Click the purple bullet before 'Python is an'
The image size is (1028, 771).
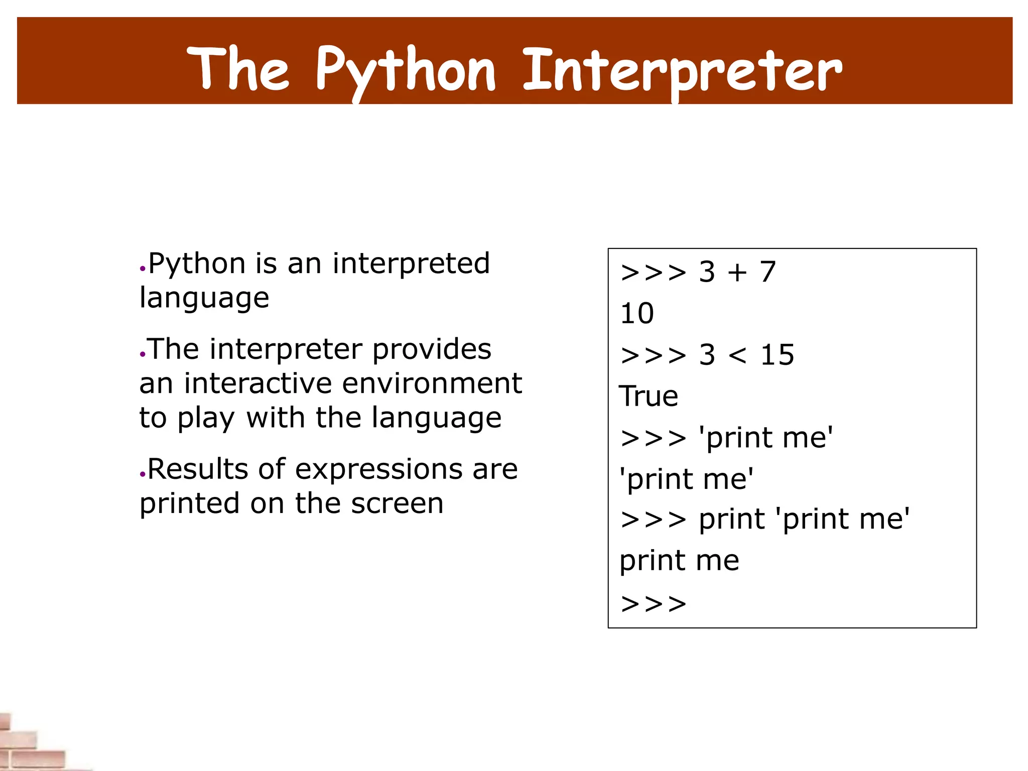tap(143, 269)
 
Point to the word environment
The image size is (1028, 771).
tap(432, 383)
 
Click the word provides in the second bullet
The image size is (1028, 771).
tap(432, 349)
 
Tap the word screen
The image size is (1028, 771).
tap(397, 503)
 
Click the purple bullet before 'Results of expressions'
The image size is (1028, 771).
tap(143, 474)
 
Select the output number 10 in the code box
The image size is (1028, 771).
tap(637, 314)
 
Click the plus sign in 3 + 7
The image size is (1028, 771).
tap(737, 273)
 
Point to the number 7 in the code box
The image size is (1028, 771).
tap(768, 272)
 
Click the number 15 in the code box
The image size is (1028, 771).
tap(777, 355)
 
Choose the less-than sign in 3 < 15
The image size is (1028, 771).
tap(737, 355)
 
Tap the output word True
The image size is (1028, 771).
tap(649, 396)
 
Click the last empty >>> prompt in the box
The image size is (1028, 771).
tap(653, 603)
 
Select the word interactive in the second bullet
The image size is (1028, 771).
tap(258, 383)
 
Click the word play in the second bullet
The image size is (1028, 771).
tap(206, 418)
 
